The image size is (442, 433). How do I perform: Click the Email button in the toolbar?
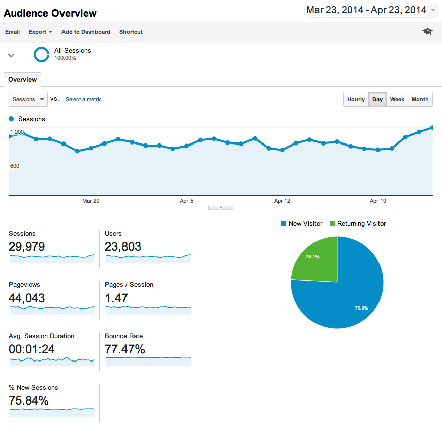coord(13,32)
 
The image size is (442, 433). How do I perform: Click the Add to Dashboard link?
coord(86,32)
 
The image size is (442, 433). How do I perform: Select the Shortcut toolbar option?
coord(131,32)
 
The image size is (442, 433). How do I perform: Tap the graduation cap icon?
coord(427,32)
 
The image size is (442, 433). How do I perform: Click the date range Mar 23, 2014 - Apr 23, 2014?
coord(366,10)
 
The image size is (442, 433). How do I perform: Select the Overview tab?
coord(23,80)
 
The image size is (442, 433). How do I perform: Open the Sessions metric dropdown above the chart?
coord(28,99)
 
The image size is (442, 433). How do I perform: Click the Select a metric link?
coord(84,99)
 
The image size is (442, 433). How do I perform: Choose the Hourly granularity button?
coord(356,99)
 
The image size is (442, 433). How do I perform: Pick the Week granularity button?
coord(397,99)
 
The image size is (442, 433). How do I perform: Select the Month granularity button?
coord(420,99)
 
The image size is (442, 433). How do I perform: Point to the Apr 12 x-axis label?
coord(282,201)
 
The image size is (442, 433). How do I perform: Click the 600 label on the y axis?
coord(15,166)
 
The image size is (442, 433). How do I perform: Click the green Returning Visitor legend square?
coord(332,223)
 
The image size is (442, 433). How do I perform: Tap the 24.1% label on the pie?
coord(312,256)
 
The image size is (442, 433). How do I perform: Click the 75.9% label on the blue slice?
coord(361,308)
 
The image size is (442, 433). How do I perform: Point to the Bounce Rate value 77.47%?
coord(125,349)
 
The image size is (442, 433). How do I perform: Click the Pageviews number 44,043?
coord(27,298)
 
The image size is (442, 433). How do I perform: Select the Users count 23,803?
coord(123,246)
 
